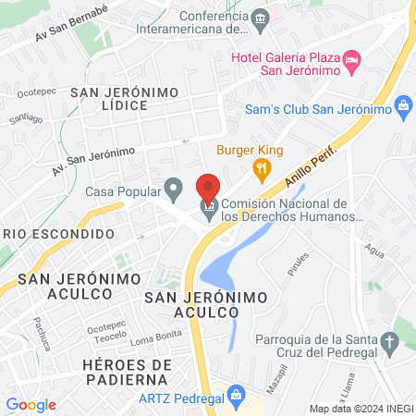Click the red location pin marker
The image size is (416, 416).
pos(208,187)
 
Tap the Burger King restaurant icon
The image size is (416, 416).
pos(263,168)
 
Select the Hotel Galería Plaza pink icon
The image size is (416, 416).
pos(351,61)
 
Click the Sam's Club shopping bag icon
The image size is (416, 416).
pos(402,108)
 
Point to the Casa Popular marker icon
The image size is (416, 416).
pos(173,191)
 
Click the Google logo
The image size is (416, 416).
pos(31,404)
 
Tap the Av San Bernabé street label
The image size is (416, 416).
pos(72,22)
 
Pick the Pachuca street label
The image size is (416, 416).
pos(41,334)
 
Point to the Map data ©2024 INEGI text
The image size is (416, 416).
pos(360,409)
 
